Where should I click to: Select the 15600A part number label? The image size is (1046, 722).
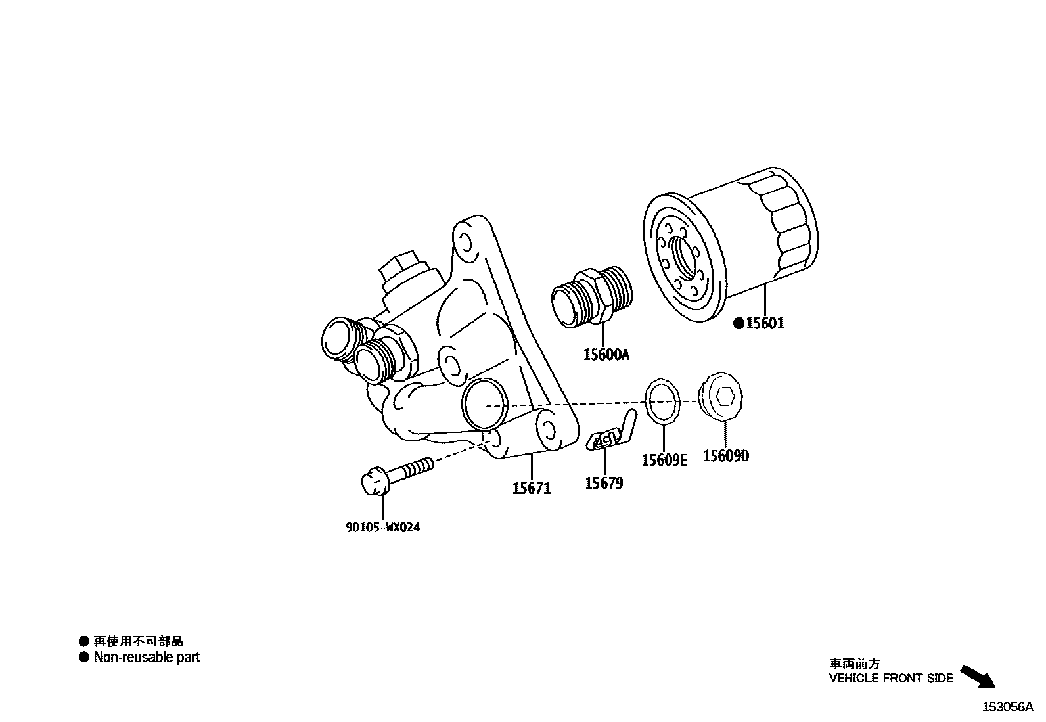tap(606, 355)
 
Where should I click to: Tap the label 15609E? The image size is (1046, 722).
tap(664, 460)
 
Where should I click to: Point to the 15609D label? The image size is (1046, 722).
tap(725, 456)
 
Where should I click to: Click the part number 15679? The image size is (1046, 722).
tap(604, 484)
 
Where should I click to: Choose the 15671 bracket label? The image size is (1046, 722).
tap(532, 488)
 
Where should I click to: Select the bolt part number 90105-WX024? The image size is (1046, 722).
tap(382, 527)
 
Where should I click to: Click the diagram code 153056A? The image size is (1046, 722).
tap(1008, 707)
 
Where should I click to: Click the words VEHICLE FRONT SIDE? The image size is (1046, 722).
tap(890, 678)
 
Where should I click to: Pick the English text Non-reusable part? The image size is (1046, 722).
tap(147, 657)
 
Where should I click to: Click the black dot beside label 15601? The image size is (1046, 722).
tap(739, 323)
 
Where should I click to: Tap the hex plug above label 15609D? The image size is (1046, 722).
tap(723, 396)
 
